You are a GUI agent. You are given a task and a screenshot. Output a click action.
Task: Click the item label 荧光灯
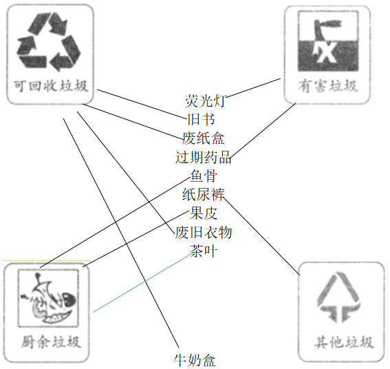click(205, 101)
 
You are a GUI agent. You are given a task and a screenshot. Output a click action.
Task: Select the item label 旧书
click(201, 120)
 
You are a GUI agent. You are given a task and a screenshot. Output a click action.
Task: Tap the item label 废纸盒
click(204, 138)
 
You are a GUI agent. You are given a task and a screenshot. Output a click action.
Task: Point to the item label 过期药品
click(204, 158)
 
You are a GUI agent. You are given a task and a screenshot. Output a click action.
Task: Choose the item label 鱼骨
click(204, 176)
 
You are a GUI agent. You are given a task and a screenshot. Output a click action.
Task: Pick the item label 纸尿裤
click(204, 195)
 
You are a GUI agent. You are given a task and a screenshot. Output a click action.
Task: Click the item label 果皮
click(204, 213)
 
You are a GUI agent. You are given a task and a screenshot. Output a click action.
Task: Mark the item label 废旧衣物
click(204, 232)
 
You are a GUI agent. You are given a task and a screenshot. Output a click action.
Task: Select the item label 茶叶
click(204, 251)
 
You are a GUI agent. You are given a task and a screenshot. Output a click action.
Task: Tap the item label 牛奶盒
click(195, 360)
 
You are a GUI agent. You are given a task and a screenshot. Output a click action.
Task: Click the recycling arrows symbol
click(49, 42)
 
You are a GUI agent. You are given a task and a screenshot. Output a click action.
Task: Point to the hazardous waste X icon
click(328, 41)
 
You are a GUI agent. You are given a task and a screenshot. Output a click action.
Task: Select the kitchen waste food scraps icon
click(48, 298)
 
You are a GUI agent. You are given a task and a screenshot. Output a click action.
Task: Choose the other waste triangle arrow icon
click(338, 297)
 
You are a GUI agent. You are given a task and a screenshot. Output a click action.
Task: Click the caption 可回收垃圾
click(50, 86)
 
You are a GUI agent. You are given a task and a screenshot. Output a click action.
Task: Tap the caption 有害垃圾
click(328, 86)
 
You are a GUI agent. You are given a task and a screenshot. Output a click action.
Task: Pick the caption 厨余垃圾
click(51, 342)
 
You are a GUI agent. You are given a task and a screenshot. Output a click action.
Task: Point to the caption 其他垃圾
click(344, 342)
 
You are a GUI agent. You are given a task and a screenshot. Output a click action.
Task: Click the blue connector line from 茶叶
click(142, 283)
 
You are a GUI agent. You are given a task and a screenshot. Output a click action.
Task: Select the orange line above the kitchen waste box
click(47, 261)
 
